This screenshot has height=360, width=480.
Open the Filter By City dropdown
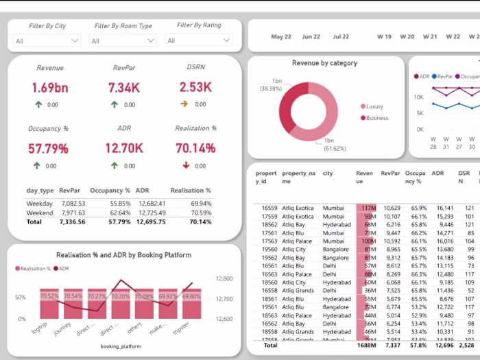coord(47,41)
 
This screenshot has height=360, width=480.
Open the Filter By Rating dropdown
coord(198,41)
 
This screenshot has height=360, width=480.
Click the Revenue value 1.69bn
coord(50,88)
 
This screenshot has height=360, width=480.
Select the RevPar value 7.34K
coord(125,88)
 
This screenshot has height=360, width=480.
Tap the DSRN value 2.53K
coord(195,88)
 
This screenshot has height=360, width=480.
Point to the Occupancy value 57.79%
coord(48,149)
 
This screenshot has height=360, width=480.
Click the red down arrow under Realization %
coord(187,166)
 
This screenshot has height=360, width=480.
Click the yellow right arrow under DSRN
coord(184,104)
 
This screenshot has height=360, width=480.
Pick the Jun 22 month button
coord(311,37)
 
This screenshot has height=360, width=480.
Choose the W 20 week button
coord(407,37)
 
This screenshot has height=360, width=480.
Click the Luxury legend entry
coord(374,107)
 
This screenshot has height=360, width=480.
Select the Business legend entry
coord(376,118)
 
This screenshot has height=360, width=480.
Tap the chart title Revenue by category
coord(324,63)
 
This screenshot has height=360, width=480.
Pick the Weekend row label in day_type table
coord(39,213)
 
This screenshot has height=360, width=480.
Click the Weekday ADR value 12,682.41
coord(151,204)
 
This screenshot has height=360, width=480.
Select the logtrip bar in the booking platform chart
coord(49,303)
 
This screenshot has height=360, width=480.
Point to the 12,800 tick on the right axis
coord(224,279)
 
